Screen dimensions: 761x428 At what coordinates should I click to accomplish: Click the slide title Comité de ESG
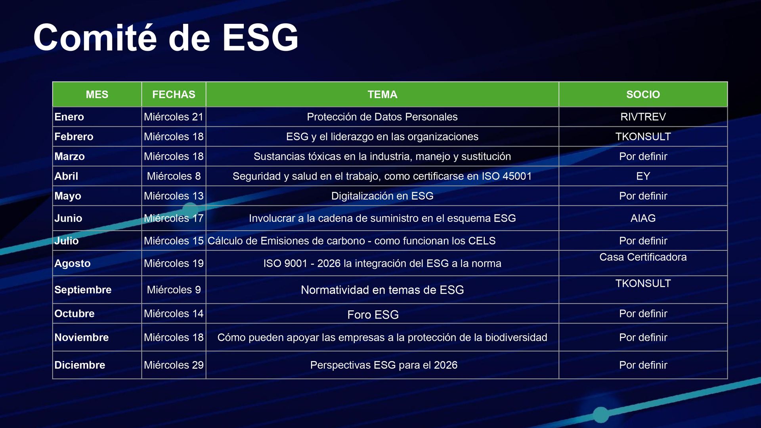click(x=166, y=38)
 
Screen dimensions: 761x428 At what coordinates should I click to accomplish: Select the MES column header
click(x=97, y=94)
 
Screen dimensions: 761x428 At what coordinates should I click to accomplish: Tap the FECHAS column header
click(x=174, y=94)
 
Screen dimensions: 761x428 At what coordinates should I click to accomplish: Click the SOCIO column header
click(x=643, y=94)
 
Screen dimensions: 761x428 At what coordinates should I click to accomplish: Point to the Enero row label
click(x=69, y=117)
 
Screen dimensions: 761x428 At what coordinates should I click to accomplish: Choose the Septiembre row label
click(x=83, y=290)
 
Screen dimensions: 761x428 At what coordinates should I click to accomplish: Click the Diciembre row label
click(x=80, y=365)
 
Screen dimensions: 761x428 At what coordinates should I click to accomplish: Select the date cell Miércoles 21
click(x=174, y=117)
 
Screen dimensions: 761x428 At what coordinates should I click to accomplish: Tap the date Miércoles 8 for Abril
click(x=174, y=176)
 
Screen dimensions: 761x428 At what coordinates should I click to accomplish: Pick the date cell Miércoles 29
click(x=174, y=365)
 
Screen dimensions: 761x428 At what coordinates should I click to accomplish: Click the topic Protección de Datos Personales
click(x=382, y=117)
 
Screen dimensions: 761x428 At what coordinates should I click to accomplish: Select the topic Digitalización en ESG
click(x=382, y=196)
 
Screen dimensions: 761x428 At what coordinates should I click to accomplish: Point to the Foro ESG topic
click(x=373, y=315)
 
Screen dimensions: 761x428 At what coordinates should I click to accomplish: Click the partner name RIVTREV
click(x=643, y=117)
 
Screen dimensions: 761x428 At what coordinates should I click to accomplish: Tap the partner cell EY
click(x=643, y=176)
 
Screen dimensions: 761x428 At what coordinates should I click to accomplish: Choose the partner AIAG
click(x=643, y=218)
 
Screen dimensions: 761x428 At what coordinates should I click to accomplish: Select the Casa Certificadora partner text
click(x=643, y=257)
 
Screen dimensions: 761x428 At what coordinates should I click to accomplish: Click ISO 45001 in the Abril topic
click(x=507, y=176)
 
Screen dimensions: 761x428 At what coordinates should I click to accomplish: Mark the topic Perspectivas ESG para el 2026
click(x=384, y=365)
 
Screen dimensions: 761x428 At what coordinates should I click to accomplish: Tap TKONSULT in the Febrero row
click(x=643, y=137)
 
